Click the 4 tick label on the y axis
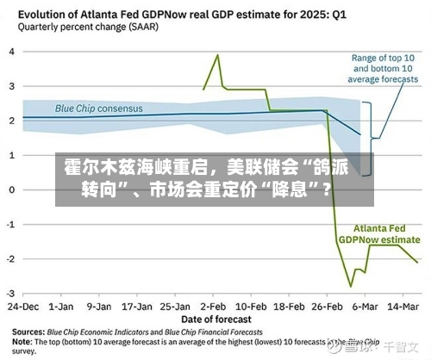(x=12, y=52)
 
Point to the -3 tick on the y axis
(x=10, y=294)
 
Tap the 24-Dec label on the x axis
(x=23, y=307)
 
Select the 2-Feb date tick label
(x=213, y=307)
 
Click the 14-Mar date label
(x=403, y=307)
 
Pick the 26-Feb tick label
(x=327, y=307)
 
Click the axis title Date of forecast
(x=216, y=320)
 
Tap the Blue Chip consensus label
(x=99, y=109)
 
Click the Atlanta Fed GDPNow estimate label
(x=379, y=234)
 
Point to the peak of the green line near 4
(x=218, y=54)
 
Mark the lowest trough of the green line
(x=351, y=287)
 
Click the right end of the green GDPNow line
(x=417, y=262)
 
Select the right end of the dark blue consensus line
(x=360, y=134)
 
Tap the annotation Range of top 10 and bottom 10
(x=383, y=63)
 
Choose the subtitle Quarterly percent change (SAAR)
(x=88, y=28)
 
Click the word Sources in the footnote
(x=28, y=332)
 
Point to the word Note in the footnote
(x=22, y=342)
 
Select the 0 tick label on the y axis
(x=12, y=190)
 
